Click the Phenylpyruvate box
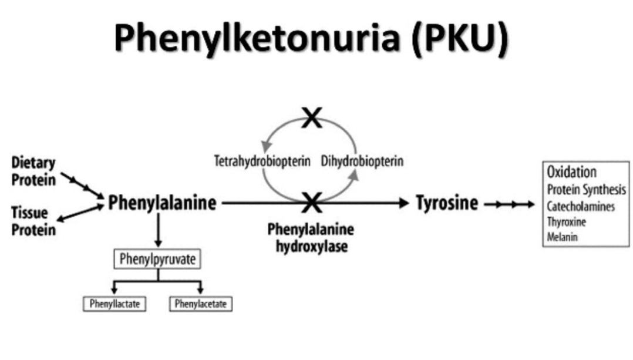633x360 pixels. pos(157,259)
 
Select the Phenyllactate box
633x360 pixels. pos(115,304)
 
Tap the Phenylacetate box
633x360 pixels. pos(201,304)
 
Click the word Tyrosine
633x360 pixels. pos(447,203)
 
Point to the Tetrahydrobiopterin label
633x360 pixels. pos(262,161)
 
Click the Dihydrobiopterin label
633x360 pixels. pos(362,161)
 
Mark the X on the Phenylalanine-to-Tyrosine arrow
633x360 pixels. pos(312,202)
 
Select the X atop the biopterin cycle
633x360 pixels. pos(312,117)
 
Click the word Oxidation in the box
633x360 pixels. pos(572,172)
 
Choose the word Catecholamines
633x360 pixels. pos(581,207)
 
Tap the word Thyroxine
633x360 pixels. pos(567,222)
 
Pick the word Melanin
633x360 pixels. pos(562,237)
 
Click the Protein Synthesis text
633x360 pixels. pos(587,190)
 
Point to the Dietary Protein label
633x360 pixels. pos(33,171)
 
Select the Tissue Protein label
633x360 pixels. pos(33,221)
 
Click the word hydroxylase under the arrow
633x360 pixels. pos(312,246)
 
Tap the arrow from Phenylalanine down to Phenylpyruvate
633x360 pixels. pos(159,230)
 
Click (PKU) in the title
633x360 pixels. pos(460,38)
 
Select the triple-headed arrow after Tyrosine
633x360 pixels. pos(510,204)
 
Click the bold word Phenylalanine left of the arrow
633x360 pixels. pos(162,203)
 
